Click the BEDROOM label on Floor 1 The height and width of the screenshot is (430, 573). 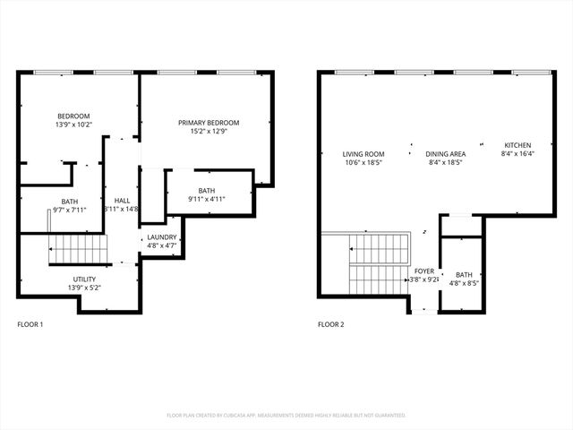point(73,116)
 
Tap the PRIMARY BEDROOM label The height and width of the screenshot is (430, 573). point(209,123)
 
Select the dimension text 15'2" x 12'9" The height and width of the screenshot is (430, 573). point(209,133)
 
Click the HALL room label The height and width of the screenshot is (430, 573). point(121,201)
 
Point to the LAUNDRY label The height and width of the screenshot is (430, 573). point(162,236)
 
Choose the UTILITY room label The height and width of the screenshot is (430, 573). point(85,279)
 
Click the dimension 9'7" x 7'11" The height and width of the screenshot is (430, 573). point(69,211)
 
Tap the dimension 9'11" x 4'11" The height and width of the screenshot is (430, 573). point(207,200)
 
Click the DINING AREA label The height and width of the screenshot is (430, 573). point(444,154)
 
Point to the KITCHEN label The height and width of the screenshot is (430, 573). point(517,145)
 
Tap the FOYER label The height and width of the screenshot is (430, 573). point(423,271)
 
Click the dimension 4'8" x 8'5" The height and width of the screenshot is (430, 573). point(463,284)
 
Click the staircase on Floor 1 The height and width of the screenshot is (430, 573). point(77,248)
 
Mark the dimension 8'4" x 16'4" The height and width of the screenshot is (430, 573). point(517,154)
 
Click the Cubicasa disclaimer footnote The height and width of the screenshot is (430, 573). point(286,415)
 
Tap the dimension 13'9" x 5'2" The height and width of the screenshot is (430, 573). point(85,288)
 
